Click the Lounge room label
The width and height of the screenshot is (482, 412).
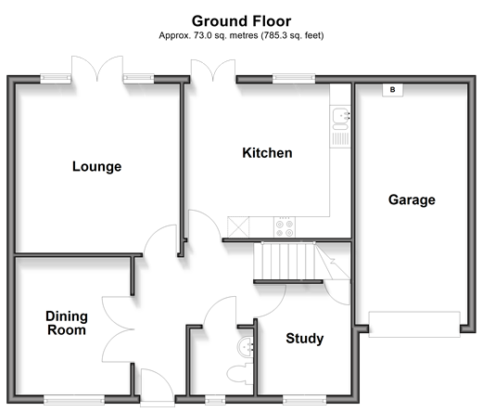pyautogui.click(x=96, y=166)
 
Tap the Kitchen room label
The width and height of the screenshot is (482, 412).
pyautogui.click(x=267, y=153)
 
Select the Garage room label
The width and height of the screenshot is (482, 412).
pyautogui.click(x=412, y=200)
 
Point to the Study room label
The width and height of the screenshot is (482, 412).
pyautogui.click(x=305, y=339)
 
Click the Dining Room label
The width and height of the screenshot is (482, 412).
pyautogui.click(x=67, y=323)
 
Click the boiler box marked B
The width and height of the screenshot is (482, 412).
pyautogui.click(x=392, y=90)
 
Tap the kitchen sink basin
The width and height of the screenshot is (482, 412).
pyautogui.click(x=339, y=116)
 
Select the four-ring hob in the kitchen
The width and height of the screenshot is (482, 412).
pyautogui.click(x=285, y=227)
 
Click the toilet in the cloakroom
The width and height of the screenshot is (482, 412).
pyautogui.click(x=240, y=373)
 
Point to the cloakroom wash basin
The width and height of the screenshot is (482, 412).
pyautogui.click(x=246, y=347)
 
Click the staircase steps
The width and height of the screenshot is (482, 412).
pyautogui.click(x=285, y=261)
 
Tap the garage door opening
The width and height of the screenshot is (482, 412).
pyautogui.click(x=414, y=324)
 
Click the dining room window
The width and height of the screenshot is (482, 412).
pyautogui.click(x=74, y=400)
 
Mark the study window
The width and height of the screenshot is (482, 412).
pyautogui.click(x=304, y=400)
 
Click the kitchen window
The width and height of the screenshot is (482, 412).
pyautogui.click(x=294, y=79)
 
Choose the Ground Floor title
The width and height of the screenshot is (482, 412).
pyautogui.click(x=241, y=21)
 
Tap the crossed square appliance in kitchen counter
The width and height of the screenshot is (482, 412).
pyautogui.click(x=238, y=227)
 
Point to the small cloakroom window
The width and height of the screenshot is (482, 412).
pyautogui.click(x=215, y=400)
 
